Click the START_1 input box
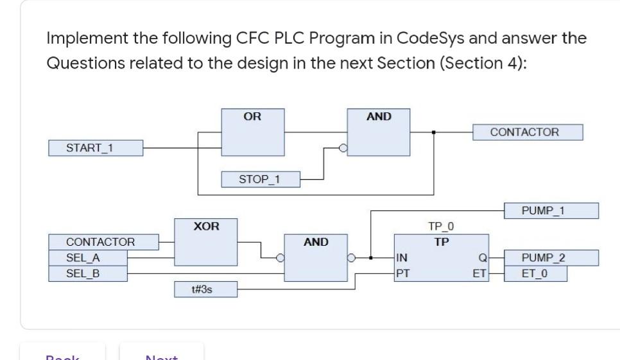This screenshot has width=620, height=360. [95, 148]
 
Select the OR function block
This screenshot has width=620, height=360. [252, 132]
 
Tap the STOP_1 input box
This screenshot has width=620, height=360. [259, 179]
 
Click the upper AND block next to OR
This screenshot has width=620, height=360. [378, 132]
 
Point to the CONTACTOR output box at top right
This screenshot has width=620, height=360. [528, 132]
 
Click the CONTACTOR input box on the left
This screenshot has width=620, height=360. [103, 242]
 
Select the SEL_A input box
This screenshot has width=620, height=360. [88, 258]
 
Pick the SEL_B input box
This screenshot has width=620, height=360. [88, 273]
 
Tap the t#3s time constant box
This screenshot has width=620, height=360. [206, 290]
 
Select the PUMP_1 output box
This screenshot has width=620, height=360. [551, 210]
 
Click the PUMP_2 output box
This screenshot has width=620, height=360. [551, 258]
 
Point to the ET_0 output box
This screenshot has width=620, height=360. [535, 273]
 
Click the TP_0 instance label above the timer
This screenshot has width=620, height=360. [441, 227]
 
